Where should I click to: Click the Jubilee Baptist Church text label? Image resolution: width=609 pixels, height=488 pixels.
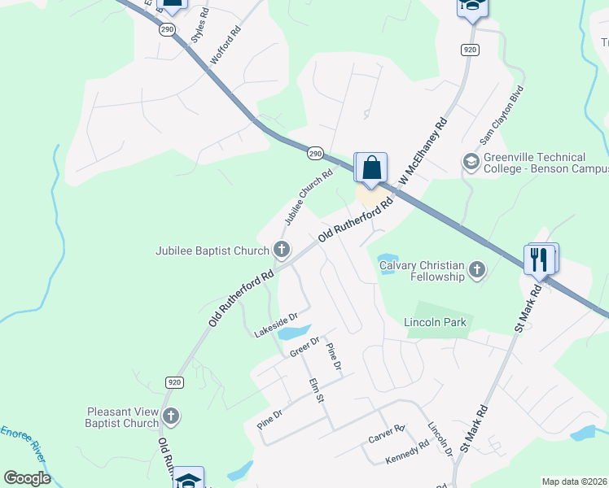[212, 251]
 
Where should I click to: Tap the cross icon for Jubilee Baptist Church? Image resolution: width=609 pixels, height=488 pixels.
[282, 249]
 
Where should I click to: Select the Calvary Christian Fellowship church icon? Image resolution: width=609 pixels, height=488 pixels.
[476, 269]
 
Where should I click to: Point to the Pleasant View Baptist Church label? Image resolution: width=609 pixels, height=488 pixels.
[122, 418]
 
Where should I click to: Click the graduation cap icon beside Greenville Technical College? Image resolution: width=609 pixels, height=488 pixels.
[470, 162]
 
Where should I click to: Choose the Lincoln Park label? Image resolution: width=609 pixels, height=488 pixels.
[436, 323]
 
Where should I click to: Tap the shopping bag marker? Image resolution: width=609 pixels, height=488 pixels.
[372, 168]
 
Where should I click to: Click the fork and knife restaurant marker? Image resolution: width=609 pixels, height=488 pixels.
[540, 259]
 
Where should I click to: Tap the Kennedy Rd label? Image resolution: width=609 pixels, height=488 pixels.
[406, 452]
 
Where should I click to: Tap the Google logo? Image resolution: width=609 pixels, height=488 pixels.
[27, 477]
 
